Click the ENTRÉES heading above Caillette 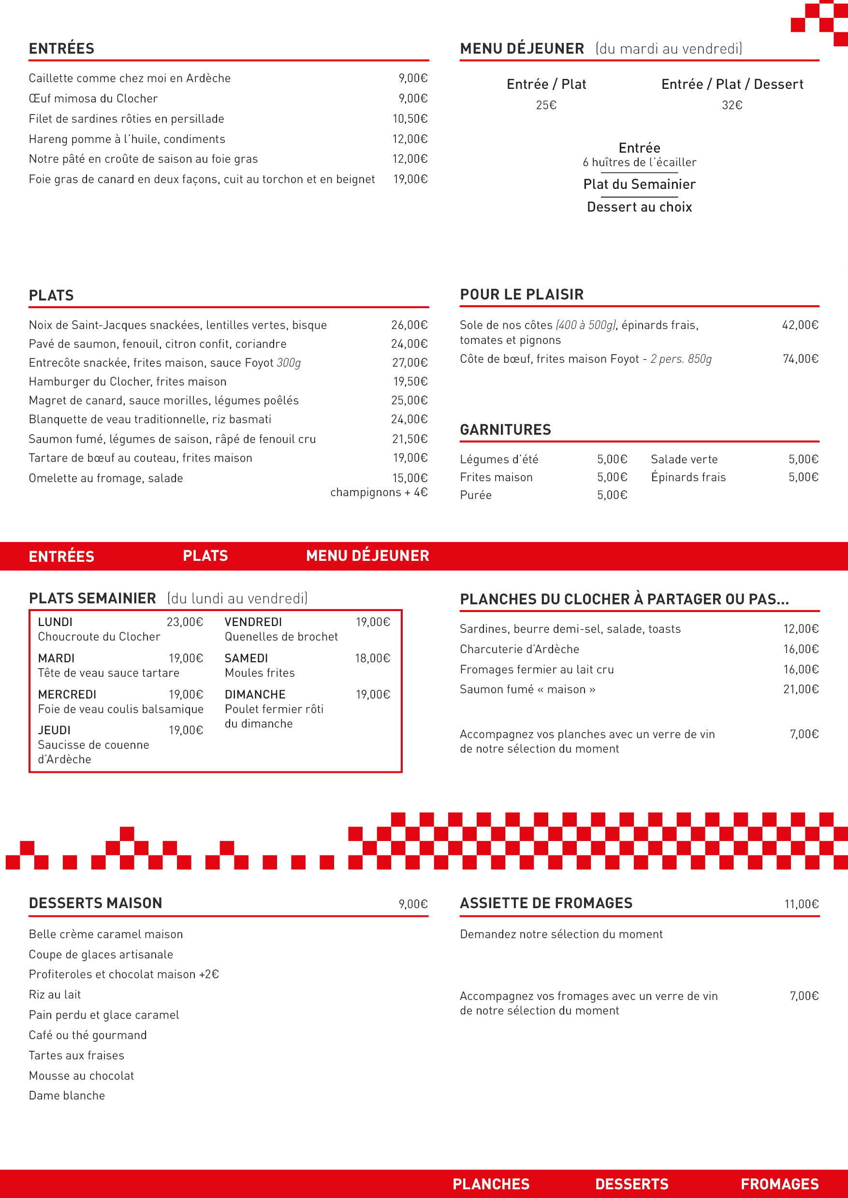[x=61, y=48]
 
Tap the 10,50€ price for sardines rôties [x=410, y=119]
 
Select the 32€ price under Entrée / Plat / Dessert [x=731, y=105]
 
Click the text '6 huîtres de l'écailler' [x=639, y=162]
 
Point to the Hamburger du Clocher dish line [x=128, y=382]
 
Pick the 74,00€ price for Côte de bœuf [x=800, y=358]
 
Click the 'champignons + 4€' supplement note [x=379, y=492]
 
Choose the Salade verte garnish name [x=684, y=459]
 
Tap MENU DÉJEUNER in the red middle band [x=367, y=556]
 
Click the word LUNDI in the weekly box [x=55, y=622]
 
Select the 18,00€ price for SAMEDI [x=372, y=658]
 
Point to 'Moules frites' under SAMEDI [x=260, y=673]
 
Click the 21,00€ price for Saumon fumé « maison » [x=801, y=689]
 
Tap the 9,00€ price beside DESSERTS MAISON [x=413, y=904]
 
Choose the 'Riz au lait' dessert [x=55, y=995]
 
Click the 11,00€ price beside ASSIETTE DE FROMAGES [x=801, y=904]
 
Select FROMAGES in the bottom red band [x=780, y=1184]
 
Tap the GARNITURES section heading [x=505, y=429]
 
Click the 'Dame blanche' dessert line [x=67, y=1095]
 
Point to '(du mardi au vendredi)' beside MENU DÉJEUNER [x=668, y=48]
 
